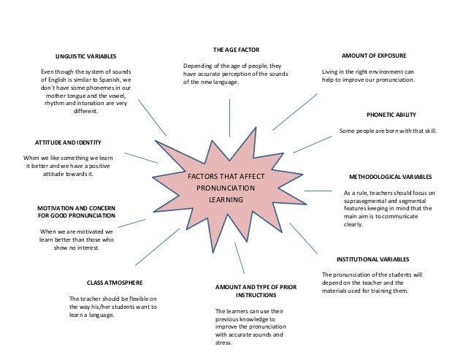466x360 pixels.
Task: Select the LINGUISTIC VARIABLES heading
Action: tap(85, 56)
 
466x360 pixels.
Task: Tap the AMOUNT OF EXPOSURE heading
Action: tap(374, 55)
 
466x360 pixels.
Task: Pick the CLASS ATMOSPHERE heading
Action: tap(114, 282)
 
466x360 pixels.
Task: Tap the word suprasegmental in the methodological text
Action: tap(367, 200)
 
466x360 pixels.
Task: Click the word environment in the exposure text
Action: tap(378, 72)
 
